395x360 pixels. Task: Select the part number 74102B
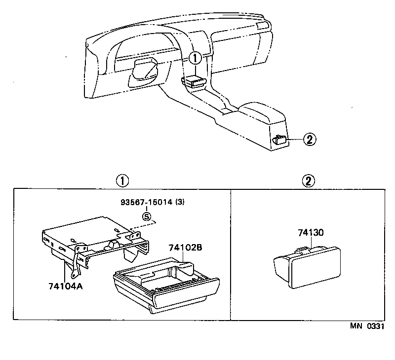click(185, 248)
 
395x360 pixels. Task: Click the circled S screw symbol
click(146, 216)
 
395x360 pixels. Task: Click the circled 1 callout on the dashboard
click(196, 58)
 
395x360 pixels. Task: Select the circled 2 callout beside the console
click(309, 140)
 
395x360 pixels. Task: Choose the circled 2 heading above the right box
click(308, 180)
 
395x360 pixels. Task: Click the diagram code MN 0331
click(367, 326)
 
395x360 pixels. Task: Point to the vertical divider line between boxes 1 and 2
click(231, 254)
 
